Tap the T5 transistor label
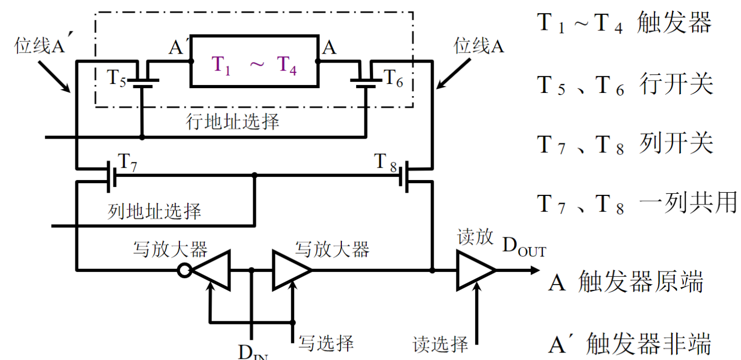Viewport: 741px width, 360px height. tap(116, 78)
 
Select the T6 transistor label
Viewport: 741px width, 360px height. tap(393, 78)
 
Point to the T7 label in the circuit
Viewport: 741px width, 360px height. tap(127, 162)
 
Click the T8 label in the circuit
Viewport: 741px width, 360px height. tap(385, 162)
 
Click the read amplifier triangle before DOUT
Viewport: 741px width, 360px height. tap(476, 270)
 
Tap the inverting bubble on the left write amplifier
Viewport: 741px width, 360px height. tap(184, 270)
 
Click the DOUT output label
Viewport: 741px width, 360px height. tap(524, 246)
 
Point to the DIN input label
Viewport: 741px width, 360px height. tap(253, 352)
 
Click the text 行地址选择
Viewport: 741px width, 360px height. tap(232, 122)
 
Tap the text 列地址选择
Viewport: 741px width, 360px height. tap(154, 211)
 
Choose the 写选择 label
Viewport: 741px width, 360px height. tap(326, 343)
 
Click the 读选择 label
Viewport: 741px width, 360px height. tap(441, 344)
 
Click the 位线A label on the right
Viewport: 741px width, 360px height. tap(479, 45)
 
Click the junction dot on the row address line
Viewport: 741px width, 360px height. tap(142, 137)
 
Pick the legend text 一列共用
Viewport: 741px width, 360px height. tap(688, 202)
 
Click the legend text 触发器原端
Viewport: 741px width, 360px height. tap(641, 282)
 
